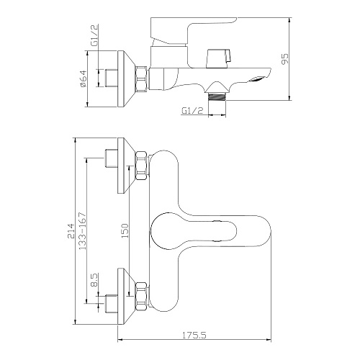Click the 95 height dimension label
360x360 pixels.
pos(285,59)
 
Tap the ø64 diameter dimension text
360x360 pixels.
pos(83,79)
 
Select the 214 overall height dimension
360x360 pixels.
pos(71,230)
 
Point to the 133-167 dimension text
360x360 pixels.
pos(82,231)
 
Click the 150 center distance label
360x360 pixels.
pos(125,230)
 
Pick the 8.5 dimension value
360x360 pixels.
pos(94,280)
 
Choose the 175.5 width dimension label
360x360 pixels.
pos(194,335)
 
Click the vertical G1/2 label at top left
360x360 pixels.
pos(94,35)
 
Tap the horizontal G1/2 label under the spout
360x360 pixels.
pos(192,111)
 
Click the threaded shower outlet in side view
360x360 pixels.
pos(217,96)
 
